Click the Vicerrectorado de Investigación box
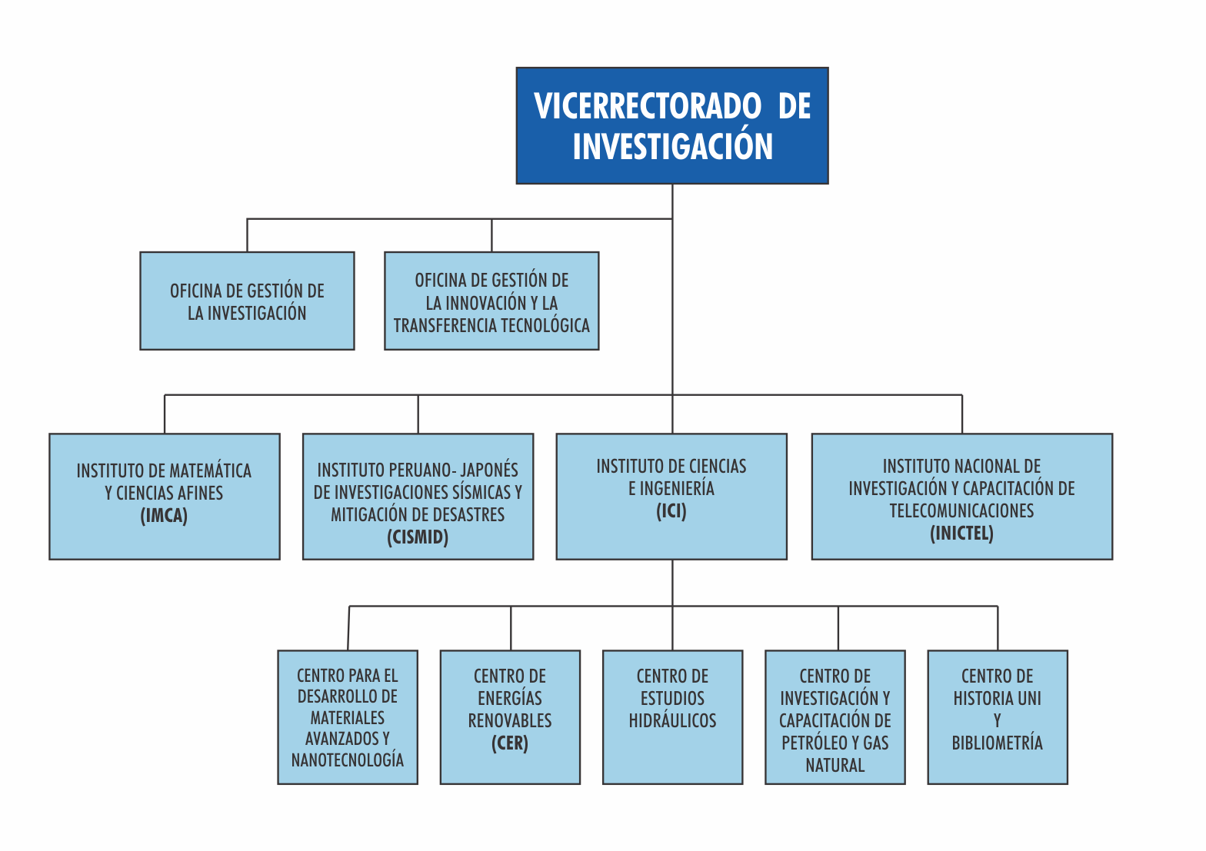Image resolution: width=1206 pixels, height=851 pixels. pyautogui.click(x=672, y=125)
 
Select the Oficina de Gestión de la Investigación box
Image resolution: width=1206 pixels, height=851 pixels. pyautogui.click(x=247, y=301)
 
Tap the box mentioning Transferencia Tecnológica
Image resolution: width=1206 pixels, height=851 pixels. pyautogui.click(x=491, y=301)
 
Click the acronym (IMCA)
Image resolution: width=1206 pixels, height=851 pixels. pyautogui.click(x=165, y=516)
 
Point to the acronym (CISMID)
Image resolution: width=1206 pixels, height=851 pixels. pyautogui.click(x=418, y=537)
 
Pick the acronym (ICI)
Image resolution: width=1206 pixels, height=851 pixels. pyautogui.click(x=671, y=510)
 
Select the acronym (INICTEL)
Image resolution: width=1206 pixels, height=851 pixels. pyautogui.click(x=961, y=534)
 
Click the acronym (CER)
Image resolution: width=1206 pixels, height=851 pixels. pyautogui.click(x=510, y=743)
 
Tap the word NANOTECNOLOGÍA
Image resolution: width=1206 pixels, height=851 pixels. pyautogui.click(x=348, y=760)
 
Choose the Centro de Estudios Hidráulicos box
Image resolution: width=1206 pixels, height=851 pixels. pyautogui.click(x=672, y=717)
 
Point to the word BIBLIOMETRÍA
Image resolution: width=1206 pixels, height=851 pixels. pyautogui.click(x=997, y=743)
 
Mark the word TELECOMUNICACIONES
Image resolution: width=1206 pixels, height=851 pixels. pyautogui.click(x=961, y=510)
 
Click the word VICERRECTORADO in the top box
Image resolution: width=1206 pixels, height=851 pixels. pyautogui.click(x=647, y=106)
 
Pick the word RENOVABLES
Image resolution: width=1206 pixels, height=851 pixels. pyautogui.click(x=510, y=721)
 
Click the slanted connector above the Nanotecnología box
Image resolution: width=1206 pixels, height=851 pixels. pyautogui.click(x=348, y=628)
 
